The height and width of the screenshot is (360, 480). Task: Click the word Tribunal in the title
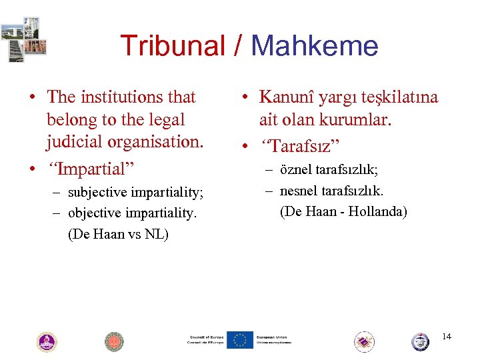(172, 47)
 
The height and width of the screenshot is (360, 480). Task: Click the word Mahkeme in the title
(315, 47)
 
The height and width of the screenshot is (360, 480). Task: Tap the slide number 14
(446, 336)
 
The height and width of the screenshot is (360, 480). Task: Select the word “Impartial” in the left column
(95, 169)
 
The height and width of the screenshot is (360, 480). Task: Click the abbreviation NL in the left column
(159, 235)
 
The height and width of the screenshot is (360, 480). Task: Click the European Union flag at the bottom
(239, 340)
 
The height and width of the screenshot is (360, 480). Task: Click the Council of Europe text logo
(205, 340)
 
